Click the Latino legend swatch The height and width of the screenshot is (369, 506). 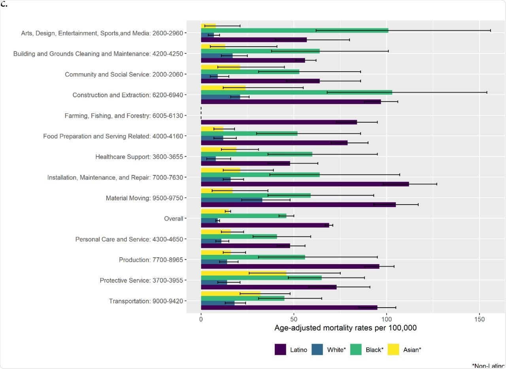pyautogui.click(x=280, y=350)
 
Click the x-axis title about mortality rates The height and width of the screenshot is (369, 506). pyautogui.click(x=346, y=328)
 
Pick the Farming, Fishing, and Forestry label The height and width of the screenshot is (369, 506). pyautogui.click(x=126, y=116)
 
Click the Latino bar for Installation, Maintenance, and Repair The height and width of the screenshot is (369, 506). pyautogui.click(x=304, y=184)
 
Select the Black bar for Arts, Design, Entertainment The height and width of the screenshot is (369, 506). pyautogui.click(x=295, y=30)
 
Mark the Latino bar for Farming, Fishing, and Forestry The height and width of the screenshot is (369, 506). pyautogui.click(x=279, y=122)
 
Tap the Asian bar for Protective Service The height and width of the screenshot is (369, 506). pyautogui.click(x=244, y=273)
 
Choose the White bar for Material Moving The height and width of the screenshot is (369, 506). pyautogui.click(x=231, y=200)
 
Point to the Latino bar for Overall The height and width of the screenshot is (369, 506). pyautogui.click(x=265, y=225)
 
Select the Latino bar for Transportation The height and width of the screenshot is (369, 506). pyautogui.click(x=289, y=308)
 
